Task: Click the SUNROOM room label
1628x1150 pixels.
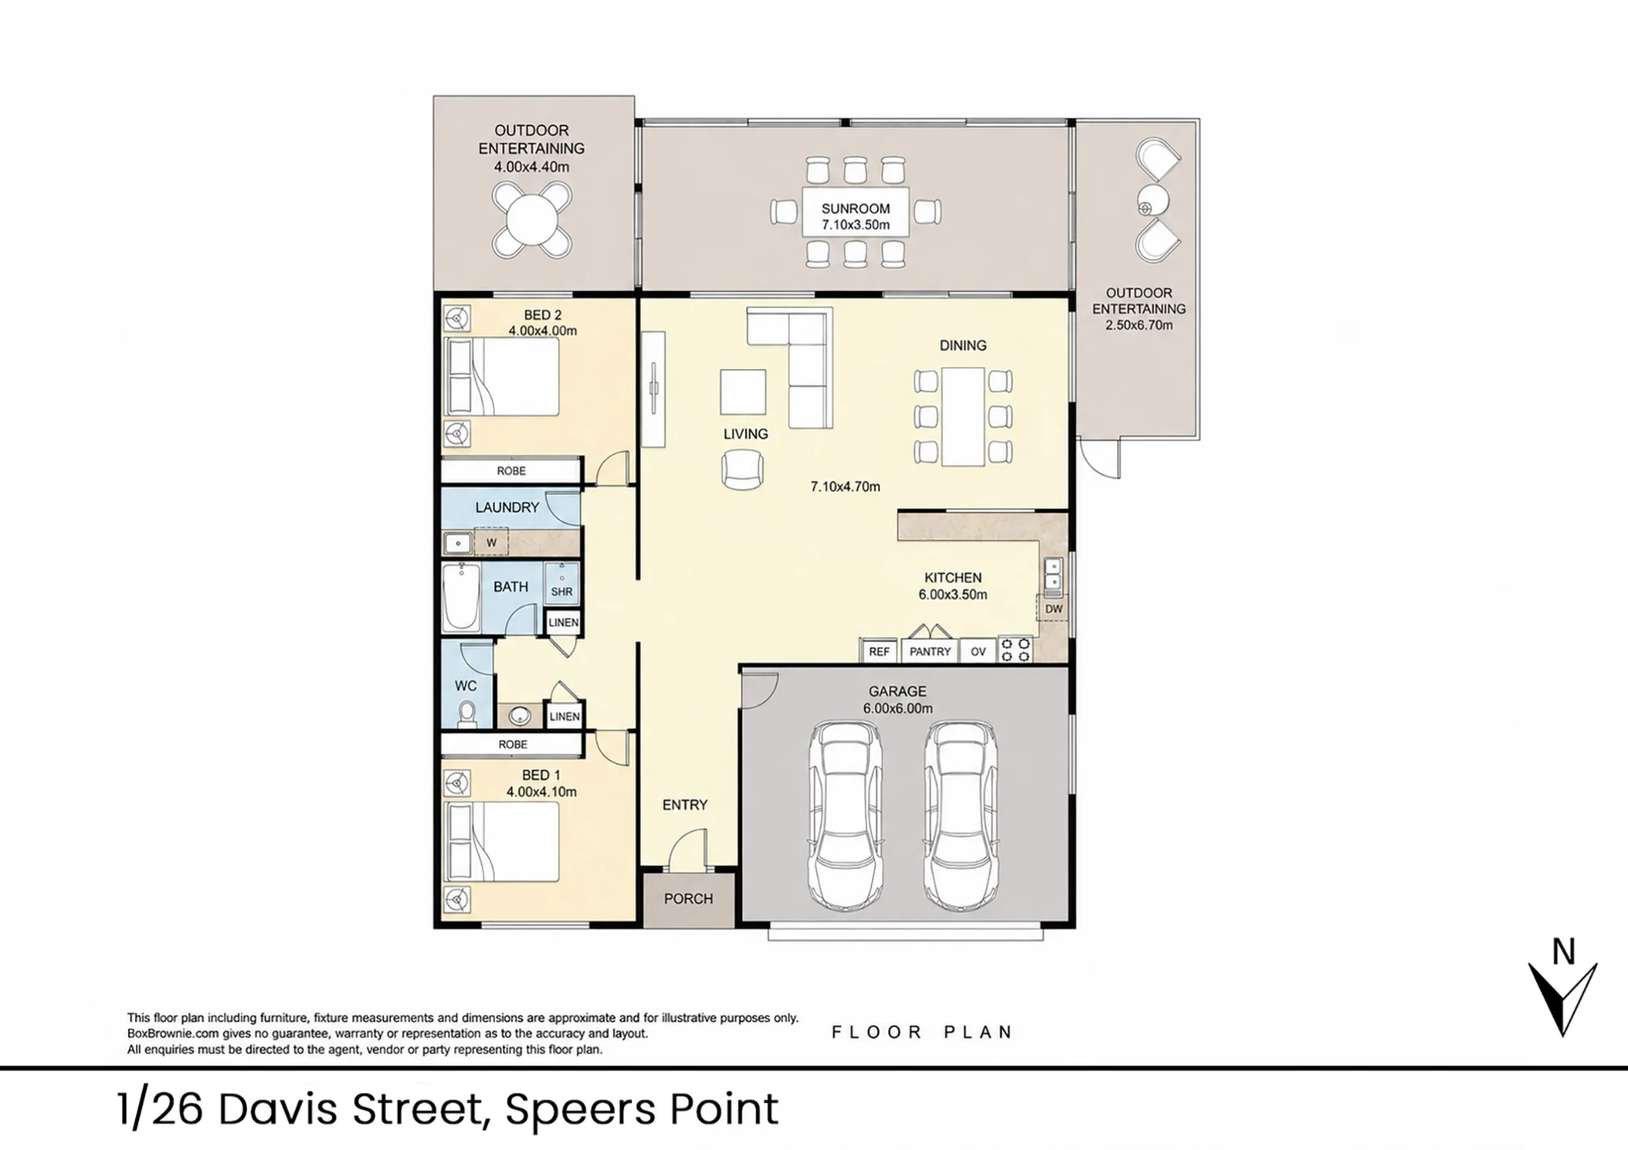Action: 856,208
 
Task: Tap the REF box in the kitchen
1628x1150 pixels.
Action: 879,651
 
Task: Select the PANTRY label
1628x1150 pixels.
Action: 930,651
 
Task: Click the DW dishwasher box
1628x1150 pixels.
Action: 1053,608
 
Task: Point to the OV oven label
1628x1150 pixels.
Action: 978,651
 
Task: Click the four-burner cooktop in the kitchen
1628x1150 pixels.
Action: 1015,649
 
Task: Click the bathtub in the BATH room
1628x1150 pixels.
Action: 461,597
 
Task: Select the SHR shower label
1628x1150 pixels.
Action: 562,592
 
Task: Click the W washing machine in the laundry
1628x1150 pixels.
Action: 491,542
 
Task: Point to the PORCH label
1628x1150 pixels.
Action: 689,899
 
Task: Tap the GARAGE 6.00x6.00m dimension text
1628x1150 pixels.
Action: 898,708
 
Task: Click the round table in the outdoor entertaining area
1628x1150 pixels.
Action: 532,220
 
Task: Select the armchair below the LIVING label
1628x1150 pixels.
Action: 742,470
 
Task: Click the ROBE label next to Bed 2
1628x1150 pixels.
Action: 511,470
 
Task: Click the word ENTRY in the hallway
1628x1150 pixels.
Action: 685,805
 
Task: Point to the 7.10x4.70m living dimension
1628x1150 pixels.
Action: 845,487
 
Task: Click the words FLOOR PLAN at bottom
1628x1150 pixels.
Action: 922,1032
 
